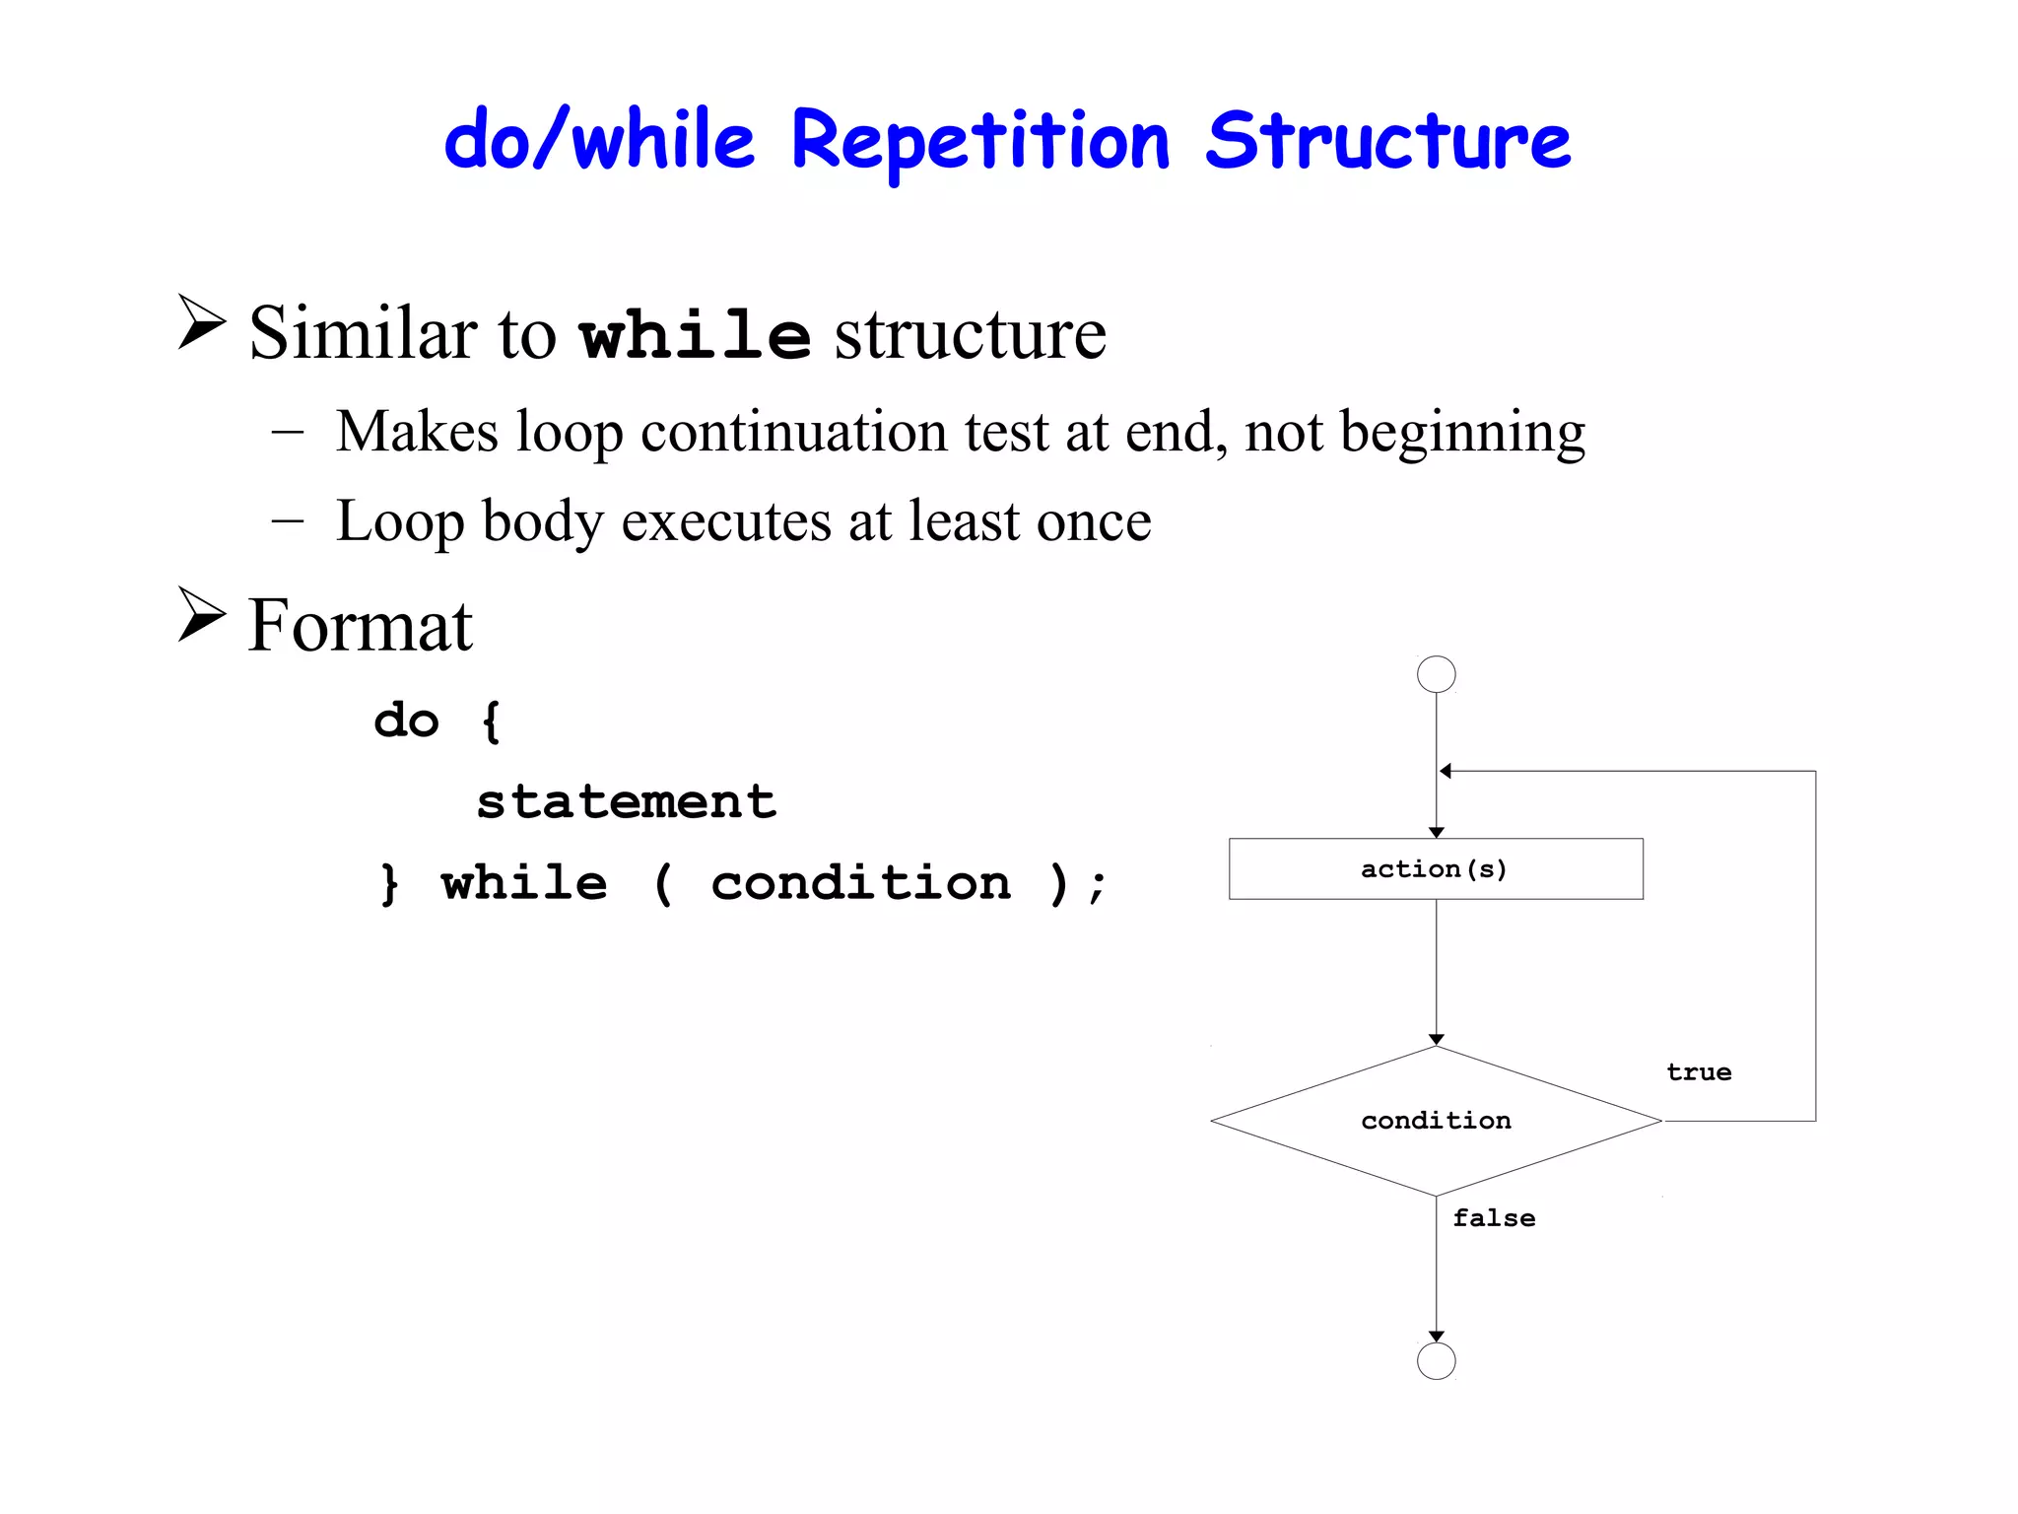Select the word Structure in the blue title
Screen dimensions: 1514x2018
coord(1387,141)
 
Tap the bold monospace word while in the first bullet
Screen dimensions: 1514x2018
coord(695,335)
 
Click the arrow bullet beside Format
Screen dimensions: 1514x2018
coord(202,615)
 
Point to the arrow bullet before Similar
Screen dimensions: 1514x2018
coord(202,322)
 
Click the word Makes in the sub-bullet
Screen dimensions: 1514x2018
coord(417,432)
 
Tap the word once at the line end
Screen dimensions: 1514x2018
coord(1093,521)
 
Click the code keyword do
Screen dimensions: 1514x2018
coord(406,721)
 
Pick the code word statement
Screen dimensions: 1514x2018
coord(627,801)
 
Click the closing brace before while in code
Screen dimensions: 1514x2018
coord(390,883)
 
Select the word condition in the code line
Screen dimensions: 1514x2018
coord(860,883)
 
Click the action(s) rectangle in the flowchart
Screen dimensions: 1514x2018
coord(1436,868)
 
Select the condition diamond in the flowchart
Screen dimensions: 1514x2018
coord(1436,1121)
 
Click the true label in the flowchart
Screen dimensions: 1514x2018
coord(1699,1072)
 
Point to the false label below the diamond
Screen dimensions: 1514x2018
coord(1494,1218)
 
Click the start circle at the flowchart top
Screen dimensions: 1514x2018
coord(1436,674)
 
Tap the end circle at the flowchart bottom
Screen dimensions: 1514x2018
coord(1436,1361)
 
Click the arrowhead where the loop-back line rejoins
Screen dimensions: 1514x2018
coord(1446,771)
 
